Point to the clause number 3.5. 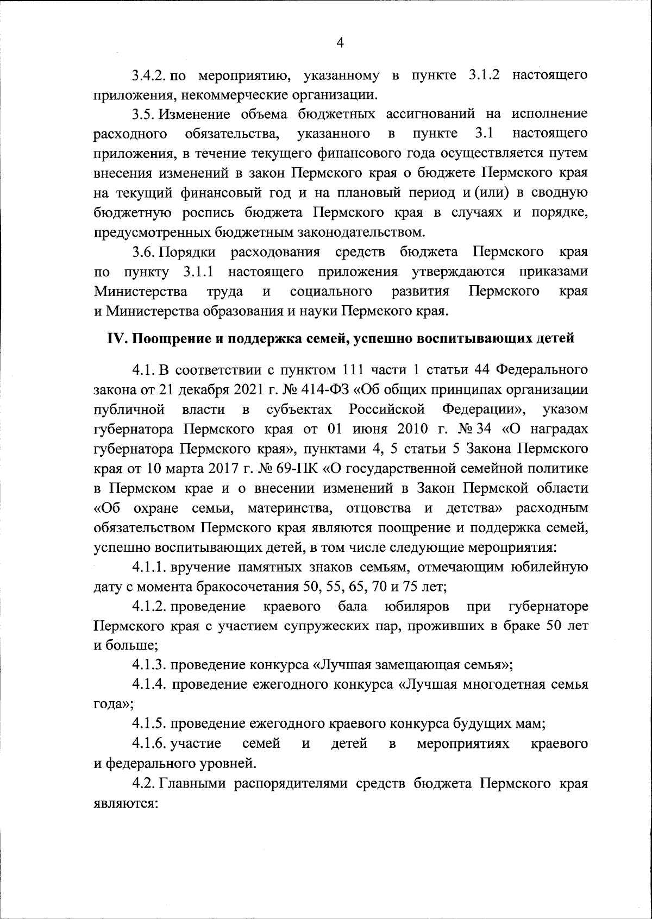(143, 114)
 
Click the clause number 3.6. (143, 252)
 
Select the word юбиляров (416, 606)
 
